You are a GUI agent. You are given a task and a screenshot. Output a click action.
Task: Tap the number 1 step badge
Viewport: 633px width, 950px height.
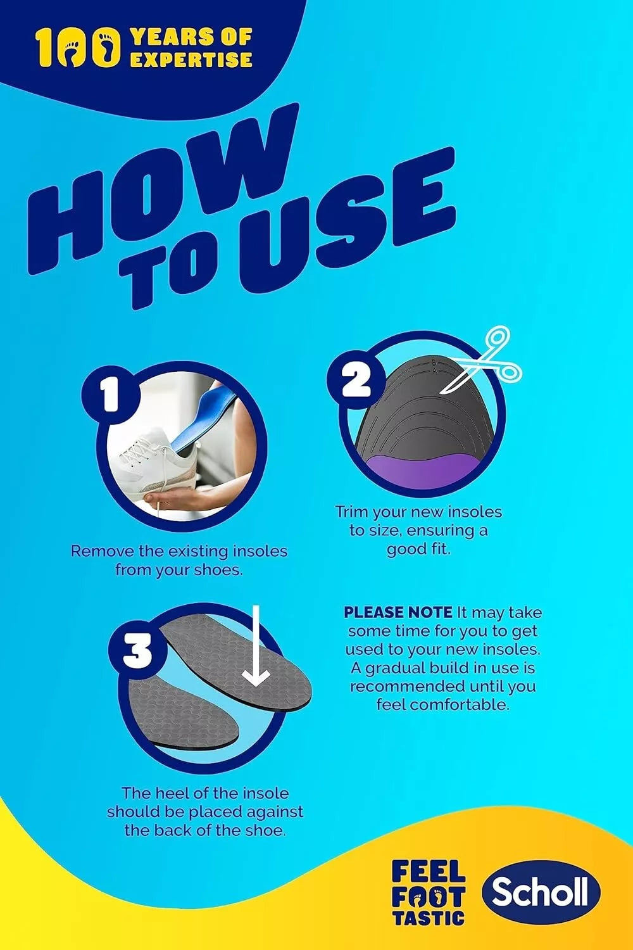click(x=110, y=396)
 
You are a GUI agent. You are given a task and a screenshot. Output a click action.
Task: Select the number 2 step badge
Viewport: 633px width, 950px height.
click(x=356, y=380)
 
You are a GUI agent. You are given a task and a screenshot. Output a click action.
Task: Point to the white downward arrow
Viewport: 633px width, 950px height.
click(x=256, y=646)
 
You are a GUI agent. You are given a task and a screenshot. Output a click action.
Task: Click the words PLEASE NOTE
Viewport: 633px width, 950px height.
click(x=398, y=612)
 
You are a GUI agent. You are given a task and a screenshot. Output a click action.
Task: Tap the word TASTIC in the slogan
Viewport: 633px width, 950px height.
click(x=429, y=917)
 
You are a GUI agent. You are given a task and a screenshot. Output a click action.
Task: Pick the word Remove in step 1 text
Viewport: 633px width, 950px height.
click(x=101, y=551)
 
